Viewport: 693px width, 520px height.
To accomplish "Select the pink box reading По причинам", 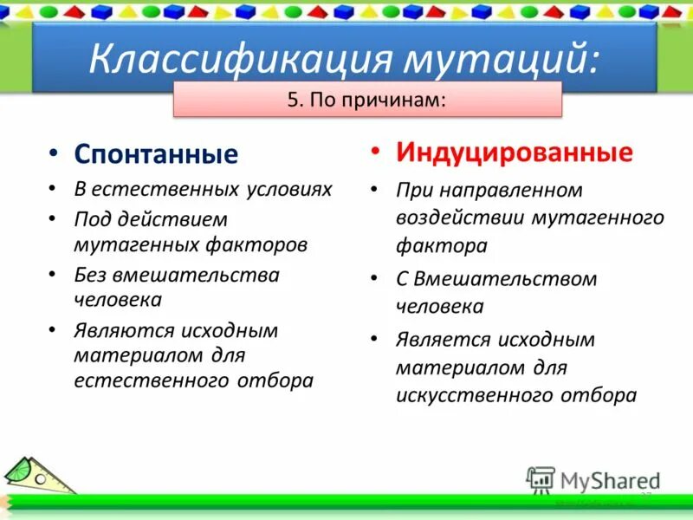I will coord(368,100).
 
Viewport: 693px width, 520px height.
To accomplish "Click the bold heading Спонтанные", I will coord(156,154).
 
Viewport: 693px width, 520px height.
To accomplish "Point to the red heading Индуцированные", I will coord(515,153).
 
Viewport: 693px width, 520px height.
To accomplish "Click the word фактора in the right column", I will coord(442,245).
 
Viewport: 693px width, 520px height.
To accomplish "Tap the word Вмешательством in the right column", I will coord(507,279).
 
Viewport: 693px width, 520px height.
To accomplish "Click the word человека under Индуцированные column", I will coord(440,306).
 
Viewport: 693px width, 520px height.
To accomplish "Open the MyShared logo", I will coord(594,480).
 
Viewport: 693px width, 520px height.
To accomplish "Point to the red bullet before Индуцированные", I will coord(375,152).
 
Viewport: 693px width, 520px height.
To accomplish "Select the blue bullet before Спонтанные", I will coord(54,153).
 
